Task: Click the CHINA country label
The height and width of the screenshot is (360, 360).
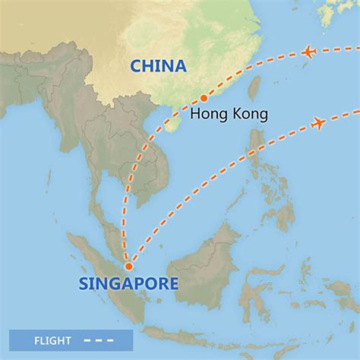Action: tap(158, 66)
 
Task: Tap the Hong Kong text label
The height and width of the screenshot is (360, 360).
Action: tap(229, 114)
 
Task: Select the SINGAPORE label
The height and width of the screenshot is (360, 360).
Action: tap(128, 284)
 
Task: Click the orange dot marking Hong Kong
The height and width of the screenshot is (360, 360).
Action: tap(203, 98)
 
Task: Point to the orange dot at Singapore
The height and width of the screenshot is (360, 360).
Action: tap(129, 266)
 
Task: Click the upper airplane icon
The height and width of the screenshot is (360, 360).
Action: tap(309, 51)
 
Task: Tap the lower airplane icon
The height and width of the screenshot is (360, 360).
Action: tap(318, 122)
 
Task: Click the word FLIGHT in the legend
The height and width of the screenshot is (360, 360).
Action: tap(52, 341)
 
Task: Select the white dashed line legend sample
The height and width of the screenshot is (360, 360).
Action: tap(99, 341)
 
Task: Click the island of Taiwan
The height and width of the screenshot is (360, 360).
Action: tap(254, 87)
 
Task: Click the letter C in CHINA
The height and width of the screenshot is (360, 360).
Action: tap(136, 66)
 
